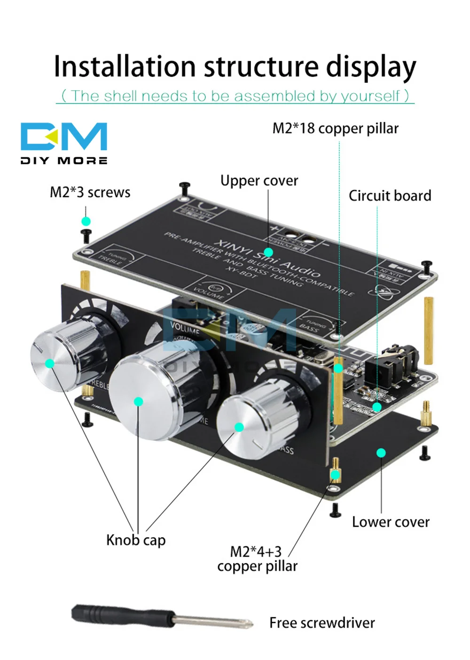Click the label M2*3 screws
tap(90, 192)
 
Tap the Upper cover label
tap(259, 181)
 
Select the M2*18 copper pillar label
tap(335, 128)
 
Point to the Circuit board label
tap(390, 196)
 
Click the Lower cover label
tap(391, 522)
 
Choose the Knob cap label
tap(136, 540)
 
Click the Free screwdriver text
tap(322, 623)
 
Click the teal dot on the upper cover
tap(268, 253)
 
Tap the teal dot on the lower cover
tap(381, 453)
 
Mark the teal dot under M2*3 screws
tap(86, 221)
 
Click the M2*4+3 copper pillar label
tap(257, 559)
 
